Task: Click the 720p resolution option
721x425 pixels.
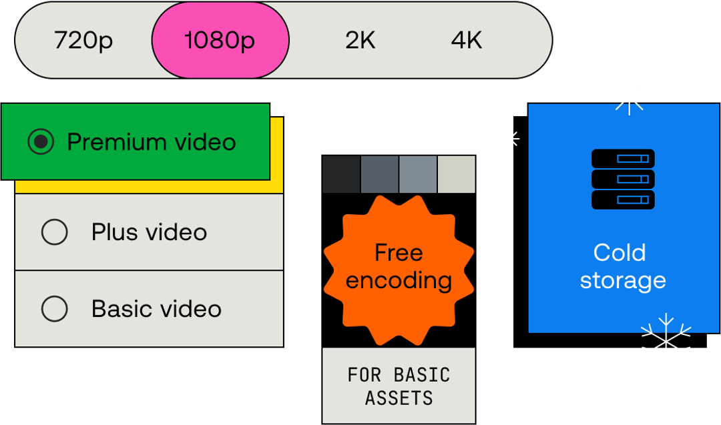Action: [83, 41]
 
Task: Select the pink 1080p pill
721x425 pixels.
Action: [220, 41]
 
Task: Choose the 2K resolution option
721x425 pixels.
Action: [360, 41]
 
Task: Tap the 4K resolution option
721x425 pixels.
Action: [466, 41]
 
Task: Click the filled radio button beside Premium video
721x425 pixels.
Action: [41, 142]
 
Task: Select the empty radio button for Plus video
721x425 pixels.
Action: [54, 232]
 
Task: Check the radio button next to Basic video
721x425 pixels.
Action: [54, 309]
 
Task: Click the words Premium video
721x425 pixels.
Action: [152, 142]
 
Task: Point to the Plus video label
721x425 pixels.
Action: [149, 232]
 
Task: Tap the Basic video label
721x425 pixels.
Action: [156, 309]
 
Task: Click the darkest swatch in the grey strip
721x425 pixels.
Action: [341, 175]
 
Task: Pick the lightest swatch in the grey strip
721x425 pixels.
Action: [457, 175]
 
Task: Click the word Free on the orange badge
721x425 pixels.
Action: [399, 253]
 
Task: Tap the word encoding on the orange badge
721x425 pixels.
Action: [399, 280]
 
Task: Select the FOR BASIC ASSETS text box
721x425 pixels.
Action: [399, 386]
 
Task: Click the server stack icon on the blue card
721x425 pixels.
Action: [623, 179]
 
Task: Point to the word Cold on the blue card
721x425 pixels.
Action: [620, 253]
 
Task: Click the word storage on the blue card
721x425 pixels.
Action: [623, 280]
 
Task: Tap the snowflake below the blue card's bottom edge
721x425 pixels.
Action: [666, 342]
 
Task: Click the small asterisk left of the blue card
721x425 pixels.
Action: [509, 139]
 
